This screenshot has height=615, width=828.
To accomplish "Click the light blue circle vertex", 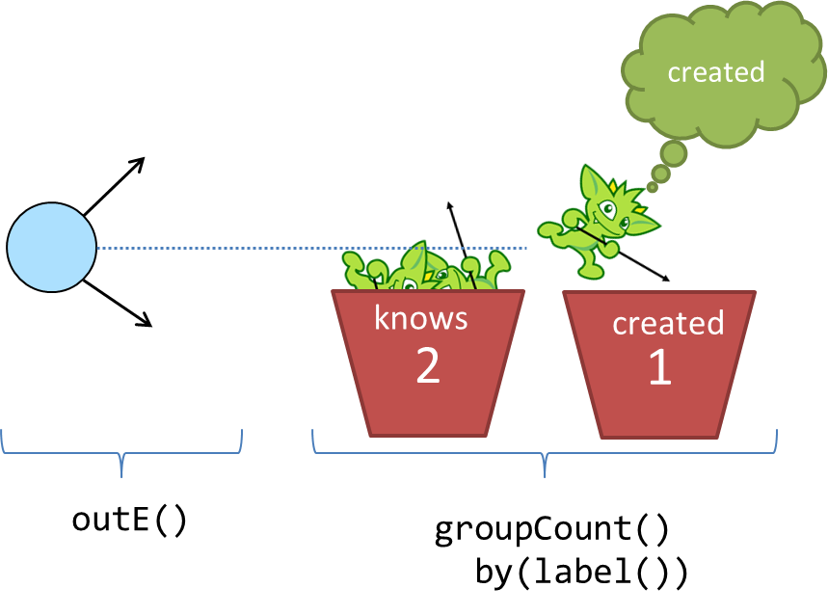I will pyautogui.click(x=51, y=247).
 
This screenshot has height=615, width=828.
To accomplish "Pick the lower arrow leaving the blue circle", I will pyautogui.click(x=118, y=304).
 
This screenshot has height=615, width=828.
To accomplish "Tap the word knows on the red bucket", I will pyautogui.click(x=420, y=318).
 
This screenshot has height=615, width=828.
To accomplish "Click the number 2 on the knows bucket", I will pyautogui.click(x=428, y=366).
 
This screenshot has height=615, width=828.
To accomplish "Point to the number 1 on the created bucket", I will pyautogui.click(x=659, y=368).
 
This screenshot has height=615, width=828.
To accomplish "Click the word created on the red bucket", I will pyautogui.click(x=668, y=323).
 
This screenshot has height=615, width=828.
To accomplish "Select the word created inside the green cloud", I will pyautogui.click(x=715, y=72).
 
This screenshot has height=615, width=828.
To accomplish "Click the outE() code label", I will pyautogui.click(x=129, y=521).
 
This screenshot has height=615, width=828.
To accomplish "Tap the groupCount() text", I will pyautogui.click(x=551, y=530).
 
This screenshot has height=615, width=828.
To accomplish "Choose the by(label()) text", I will pyautogui.click(x=581, y=573).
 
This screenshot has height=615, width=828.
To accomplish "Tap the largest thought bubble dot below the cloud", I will pyautogui.click(x=674, y=153).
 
